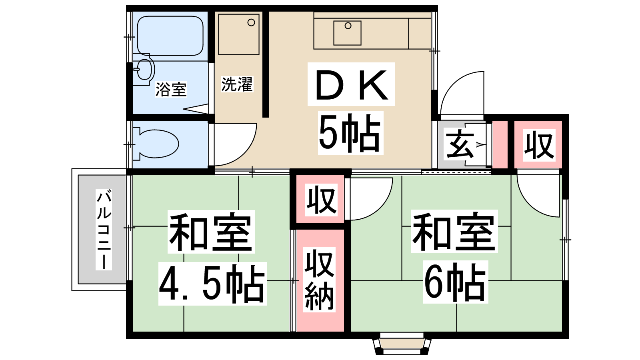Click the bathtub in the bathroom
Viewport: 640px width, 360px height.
coord(170,36)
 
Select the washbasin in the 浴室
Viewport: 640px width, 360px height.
coord(144,70)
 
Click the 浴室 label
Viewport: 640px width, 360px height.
coord(171,90)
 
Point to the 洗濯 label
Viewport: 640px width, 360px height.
coord(237,84)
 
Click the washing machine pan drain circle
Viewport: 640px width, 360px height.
coord(251,22)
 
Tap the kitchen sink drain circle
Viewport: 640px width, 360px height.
coord(348,26)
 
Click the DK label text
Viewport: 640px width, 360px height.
coord(352,84)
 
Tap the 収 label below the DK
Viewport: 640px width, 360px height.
coord(322,200)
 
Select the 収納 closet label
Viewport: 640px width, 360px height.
coord(320,280)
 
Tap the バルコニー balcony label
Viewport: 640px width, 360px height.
coord(104,230)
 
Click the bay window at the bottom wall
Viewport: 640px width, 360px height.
coord(402,344)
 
